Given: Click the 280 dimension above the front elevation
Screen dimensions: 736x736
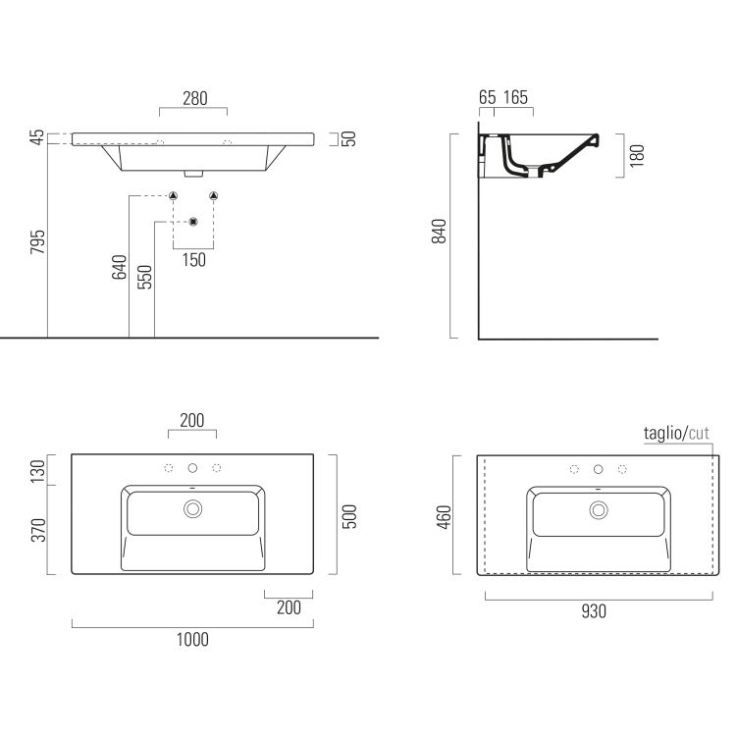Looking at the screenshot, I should [193, 98].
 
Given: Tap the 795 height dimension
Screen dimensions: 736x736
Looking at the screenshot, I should [37, 243].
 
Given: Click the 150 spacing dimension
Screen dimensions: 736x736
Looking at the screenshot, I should [193, 260].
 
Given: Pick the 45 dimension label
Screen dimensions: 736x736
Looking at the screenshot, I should [37, 138].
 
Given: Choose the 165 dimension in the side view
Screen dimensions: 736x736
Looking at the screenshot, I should [516, 98].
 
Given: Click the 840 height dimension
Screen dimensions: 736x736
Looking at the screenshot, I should [440, 232].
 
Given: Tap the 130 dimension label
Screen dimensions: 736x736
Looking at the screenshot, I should [37, 472].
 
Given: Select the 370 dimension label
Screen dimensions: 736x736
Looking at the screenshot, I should [37, 531].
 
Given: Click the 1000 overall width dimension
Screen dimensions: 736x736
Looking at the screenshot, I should [192, 640].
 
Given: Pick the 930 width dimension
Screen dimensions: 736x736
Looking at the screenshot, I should [594, 611].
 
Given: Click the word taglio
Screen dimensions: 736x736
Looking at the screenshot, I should [662, 433].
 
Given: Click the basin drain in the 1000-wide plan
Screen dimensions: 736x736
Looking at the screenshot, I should [192, 508].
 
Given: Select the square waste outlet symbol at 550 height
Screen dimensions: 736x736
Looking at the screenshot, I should [193, 221].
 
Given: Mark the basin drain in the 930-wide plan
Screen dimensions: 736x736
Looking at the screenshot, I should [598, 509].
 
